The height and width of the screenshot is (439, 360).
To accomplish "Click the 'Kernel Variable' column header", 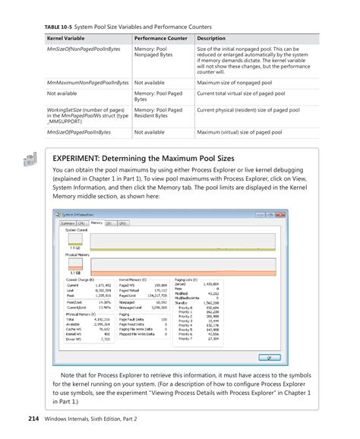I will tap(65, 37).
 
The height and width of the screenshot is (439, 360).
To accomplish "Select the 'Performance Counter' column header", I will tap(162, 37).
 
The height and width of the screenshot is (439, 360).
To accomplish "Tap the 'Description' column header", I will tap(212, 37).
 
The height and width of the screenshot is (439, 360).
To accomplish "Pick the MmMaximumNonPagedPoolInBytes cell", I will tap(84, 81).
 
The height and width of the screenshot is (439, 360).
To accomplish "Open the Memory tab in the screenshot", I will tap(96, 223).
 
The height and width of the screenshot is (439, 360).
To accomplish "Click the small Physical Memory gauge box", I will tap(75, 269).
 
